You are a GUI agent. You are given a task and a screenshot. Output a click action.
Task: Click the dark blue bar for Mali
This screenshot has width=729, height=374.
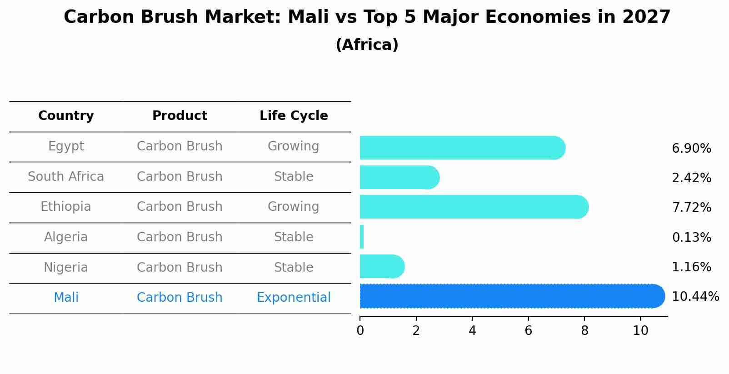509,296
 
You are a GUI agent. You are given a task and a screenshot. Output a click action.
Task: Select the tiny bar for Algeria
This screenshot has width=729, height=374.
362,237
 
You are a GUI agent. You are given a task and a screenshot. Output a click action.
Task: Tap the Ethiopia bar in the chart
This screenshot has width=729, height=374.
473,207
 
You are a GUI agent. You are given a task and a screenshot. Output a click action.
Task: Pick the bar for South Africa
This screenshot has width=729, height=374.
399,177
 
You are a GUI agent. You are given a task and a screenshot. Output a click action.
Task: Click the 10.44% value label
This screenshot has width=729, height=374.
695,297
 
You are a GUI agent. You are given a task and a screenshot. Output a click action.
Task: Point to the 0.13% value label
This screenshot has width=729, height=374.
691,237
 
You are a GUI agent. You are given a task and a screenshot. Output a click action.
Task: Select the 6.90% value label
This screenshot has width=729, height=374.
691,149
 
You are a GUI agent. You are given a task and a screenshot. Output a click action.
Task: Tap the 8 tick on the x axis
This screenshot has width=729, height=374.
584,331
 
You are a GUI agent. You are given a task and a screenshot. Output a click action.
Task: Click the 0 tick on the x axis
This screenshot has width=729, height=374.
360,331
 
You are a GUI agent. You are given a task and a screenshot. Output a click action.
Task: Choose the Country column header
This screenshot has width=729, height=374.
66,116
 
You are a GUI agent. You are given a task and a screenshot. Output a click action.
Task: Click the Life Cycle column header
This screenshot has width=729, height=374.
294,116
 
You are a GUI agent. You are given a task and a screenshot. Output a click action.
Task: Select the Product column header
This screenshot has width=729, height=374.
180,116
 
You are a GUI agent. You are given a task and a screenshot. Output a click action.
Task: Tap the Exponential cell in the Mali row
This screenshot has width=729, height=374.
294,298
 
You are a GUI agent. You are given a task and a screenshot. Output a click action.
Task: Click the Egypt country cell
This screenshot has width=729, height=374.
66,146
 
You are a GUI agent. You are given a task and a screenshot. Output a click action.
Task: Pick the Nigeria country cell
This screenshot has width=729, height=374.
66,267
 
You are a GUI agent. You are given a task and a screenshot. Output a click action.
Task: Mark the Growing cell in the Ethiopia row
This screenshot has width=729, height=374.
293,207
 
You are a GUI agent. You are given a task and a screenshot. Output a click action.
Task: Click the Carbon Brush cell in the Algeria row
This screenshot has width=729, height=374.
180,237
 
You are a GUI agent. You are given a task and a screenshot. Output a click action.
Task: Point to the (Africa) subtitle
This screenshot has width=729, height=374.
367,45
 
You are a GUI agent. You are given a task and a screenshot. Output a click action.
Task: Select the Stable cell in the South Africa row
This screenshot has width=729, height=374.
294,177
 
